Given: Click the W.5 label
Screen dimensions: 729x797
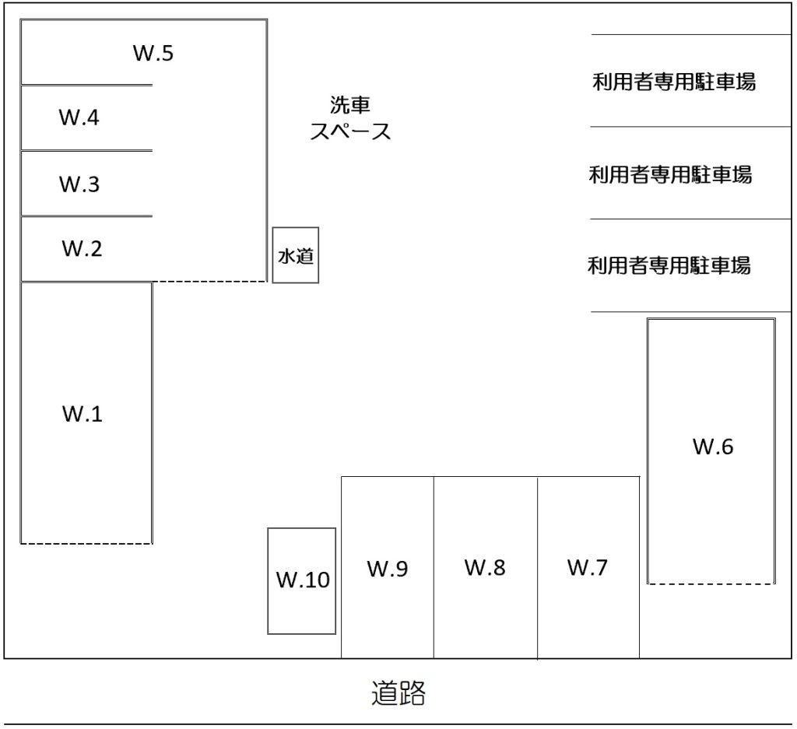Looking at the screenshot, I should [x=153, y=54].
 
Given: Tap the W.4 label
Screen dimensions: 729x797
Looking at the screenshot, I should [x=79, y=118].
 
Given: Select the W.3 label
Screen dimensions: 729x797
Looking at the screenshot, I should [x=79, y=185].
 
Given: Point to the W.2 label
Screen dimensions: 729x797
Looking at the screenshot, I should [x=82, y=249].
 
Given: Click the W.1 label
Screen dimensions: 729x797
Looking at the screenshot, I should [x=83, y=414].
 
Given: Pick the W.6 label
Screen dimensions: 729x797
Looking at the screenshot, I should [x=713, y=447].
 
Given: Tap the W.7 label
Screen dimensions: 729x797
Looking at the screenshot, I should [x=587, y=568].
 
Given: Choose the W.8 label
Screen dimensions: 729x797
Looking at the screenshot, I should [x=485, y=568].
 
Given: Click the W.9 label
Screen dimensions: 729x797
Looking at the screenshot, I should [x=388, y=570].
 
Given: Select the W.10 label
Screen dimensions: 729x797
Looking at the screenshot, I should [x=303, y=580].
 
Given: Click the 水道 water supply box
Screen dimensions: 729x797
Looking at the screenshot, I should [x=296, y=255].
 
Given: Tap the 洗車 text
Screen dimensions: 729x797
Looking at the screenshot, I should [x=349, y=104].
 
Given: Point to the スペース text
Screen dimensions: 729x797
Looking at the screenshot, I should [x=349, y=131].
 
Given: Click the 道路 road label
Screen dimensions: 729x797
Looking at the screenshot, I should [x=398, y=692].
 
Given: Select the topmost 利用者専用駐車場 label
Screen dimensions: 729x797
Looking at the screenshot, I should [x=674, y=82].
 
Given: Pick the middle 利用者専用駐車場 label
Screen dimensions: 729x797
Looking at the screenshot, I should [x=671, y=174].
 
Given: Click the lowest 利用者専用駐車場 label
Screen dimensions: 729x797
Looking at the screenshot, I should [x=669, y=266].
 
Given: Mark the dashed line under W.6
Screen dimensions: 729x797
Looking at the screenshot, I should [x=711, y=583].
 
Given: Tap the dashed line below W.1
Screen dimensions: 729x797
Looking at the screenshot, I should [x=86, y=543].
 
